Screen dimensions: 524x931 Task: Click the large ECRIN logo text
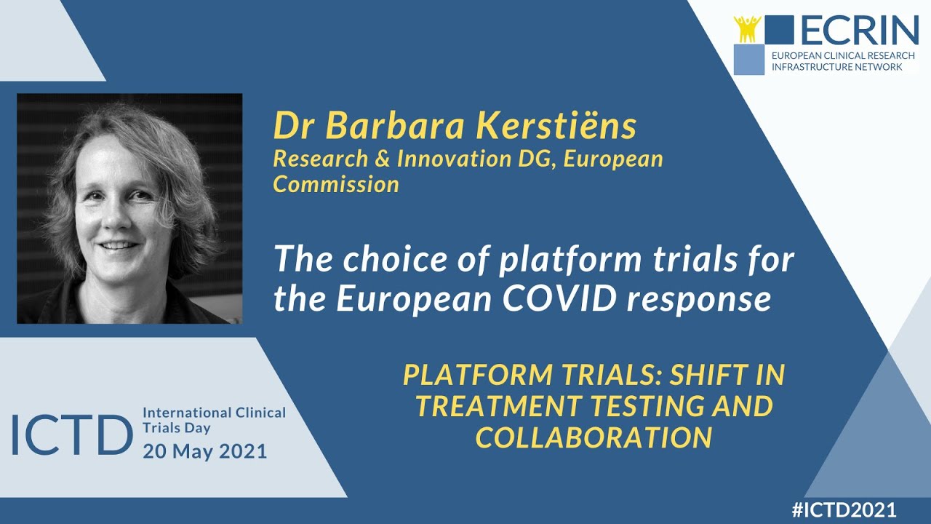point(860,30)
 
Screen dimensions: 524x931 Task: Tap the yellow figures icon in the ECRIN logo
point(747,28)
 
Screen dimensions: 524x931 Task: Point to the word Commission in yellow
point(336,184)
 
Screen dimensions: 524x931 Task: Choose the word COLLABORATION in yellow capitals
point(593,437)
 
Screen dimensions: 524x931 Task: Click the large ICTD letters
point(71,435)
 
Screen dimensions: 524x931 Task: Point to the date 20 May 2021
point(204,451)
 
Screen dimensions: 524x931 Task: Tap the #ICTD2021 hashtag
point(844,509)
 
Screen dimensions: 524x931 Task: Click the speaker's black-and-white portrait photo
point(129,208)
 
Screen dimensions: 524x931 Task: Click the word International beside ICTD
point(188,413)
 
